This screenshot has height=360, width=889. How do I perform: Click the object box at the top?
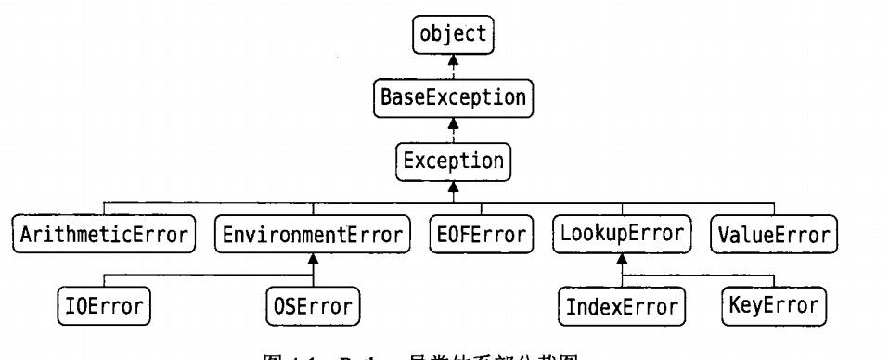click(x=453, y=35)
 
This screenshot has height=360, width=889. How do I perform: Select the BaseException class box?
click(x=453, y=97)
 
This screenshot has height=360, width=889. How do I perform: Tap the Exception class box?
click(x=453, y=160)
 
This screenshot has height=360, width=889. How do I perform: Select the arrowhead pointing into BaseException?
click(x=453, y=120)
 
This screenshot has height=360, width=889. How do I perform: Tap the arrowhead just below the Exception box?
click(x=453, y=185)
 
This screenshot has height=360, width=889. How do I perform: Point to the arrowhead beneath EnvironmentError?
click(x=313, y=257)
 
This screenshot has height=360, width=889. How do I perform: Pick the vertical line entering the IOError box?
click(x=104, y=281)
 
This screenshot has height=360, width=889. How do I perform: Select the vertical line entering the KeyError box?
click(x=773, y=281)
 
